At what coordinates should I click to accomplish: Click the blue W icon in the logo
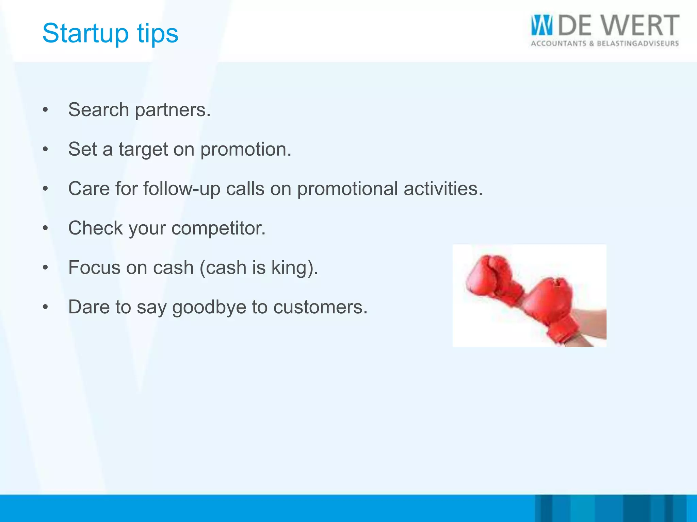(541, 25)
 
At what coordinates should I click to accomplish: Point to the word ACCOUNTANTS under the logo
(558, 44)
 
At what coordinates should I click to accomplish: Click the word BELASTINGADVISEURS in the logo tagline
(638, 44)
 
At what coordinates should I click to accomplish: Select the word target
(143, 150)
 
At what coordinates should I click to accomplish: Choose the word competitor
(218, 228)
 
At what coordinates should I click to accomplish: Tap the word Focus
(94, 267)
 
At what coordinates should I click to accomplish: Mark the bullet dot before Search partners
(45, 110)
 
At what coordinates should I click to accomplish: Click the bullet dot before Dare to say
(45, 307)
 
